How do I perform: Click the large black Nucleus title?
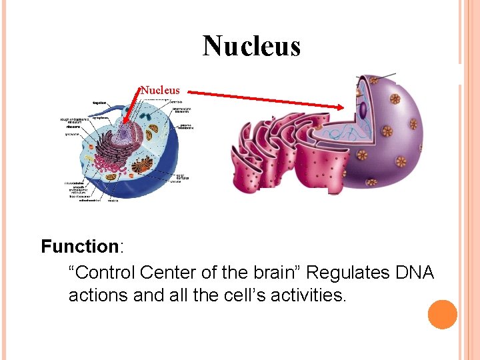251,46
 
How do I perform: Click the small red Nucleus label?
160,89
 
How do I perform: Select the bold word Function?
79,247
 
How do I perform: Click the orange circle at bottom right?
443,315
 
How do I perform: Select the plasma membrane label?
186,127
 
